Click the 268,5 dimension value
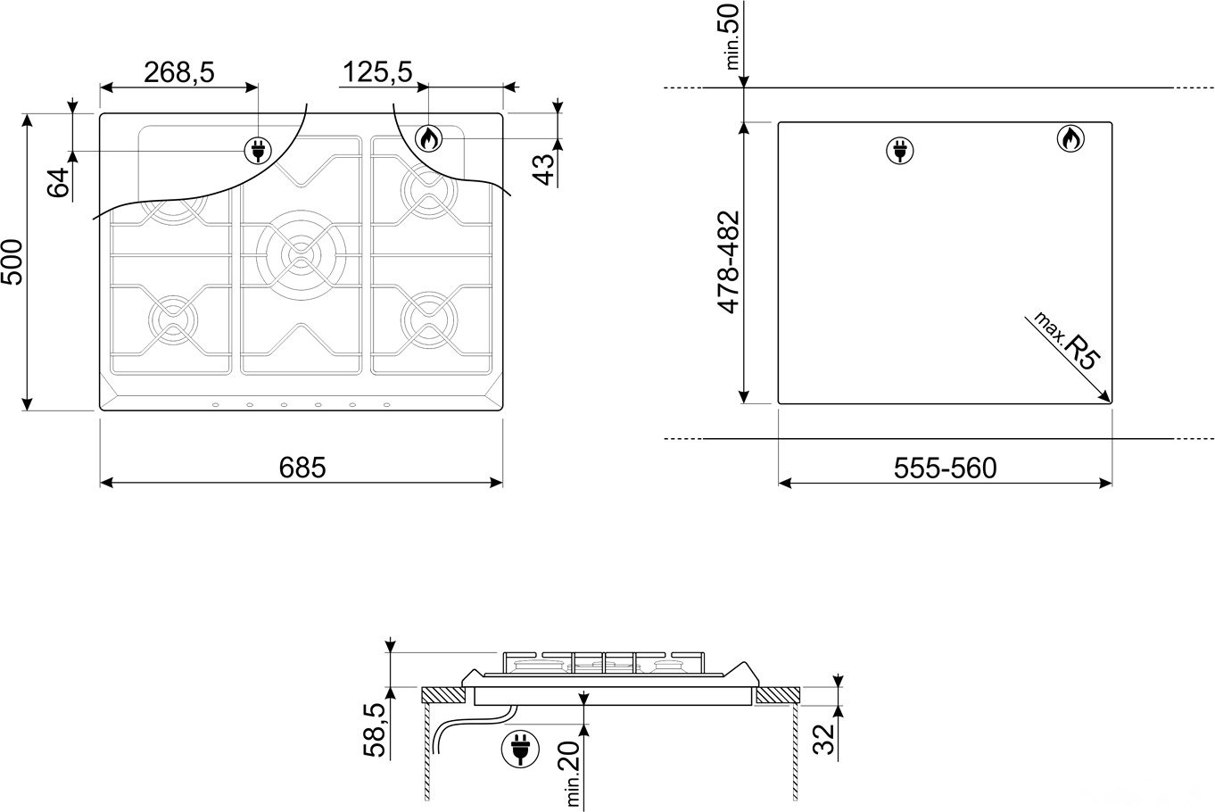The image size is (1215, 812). pos(179,72)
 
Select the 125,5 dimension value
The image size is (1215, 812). pos(377,72)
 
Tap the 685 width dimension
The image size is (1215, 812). pos(302,468)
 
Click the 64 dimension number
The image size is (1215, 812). pos(59,182)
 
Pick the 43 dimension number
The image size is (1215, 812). pos(544,170)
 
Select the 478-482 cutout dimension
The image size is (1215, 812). pos(729,262)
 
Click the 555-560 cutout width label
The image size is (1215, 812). pos(946,468)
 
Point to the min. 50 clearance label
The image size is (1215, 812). pos(731,37)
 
